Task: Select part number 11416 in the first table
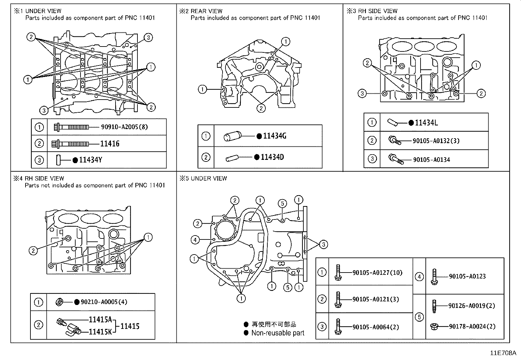tap(110, 143)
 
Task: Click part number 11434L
tap(426, 123)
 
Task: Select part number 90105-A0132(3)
tap(436, 141)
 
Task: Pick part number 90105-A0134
tap(431, 160)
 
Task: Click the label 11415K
tap(100, 332)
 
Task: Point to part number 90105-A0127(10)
tap(377, 273)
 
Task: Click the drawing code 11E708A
tap(503, 353)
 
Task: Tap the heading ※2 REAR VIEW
tap(201, 11)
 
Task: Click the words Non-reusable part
tap(278, 333)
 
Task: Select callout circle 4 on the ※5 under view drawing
tap(195, 240)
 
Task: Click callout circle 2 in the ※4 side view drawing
tap(33, 251)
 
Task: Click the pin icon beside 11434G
tap(232, 136)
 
